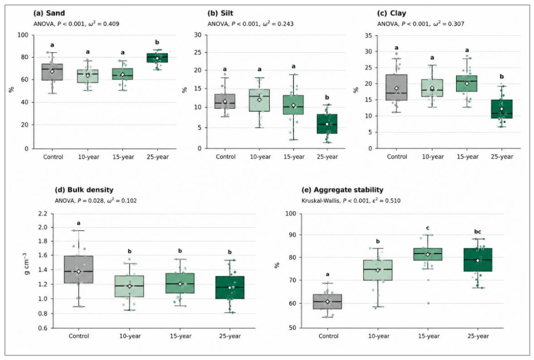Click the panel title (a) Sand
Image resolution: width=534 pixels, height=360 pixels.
click(49, 13)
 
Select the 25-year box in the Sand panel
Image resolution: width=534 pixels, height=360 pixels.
click(157, 58)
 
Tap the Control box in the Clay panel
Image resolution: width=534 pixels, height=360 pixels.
click(397, 87)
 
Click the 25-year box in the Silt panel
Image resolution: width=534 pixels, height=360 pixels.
click(327, 124)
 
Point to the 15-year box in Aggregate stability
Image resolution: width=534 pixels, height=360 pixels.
click(428, 254)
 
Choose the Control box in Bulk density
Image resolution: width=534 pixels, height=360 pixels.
click(79, 269)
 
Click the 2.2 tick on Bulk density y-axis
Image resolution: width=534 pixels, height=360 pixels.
click(45, 214)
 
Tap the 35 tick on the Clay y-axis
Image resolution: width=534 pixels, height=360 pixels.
click(369, 35)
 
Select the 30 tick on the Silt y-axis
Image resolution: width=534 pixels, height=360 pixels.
click(198, 35)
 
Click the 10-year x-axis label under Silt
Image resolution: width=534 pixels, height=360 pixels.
click(260, 157)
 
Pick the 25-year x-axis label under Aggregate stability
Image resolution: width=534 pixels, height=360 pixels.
click(478, 336)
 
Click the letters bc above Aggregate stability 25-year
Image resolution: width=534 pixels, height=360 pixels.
click(477, 232)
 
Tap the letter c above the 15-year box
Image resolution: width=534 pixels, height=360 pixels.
click(428, 228)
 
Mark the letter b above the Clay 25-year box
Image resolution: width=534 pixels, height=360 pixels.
click(502, 77)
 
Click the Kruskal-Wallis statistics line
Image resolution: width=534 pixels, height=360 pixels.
click(351, 200)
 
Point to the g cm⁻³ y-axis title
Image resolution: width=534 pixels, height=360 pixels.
click(27, 263)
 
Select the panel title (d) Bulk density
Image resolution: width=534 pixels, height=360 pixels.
click(84, 190)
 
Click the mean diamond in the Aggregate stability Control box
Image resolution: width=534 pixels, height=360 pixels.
click(327, 302)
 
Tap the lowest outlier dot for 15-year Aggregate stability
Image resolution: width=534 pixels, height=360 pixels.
click(428, 303)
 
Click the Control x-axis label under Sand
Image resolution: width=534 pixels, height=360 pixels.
click(53, 157)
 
